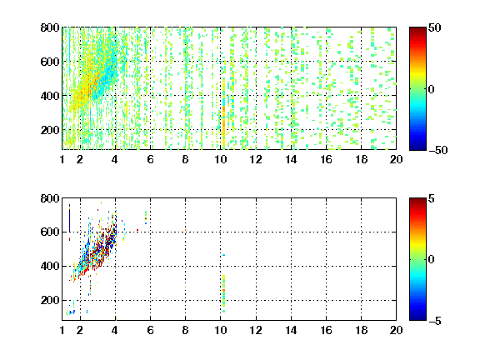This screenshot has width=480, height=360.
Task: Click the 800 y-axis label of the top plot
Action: pos(50,27)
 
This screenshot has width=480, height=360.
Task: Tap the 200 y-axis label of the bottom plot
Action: pos(50,300)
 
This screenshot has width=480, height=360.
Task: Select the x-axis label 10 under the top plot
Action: pos(220,159)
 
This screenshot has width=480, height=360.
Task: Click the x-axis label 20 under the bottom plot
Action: pos(396,330)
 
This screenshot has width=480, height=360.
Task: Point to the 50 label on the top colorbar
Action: pos(434,27)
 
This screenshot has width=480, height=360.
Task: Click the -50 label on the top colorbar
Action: pos(438,150)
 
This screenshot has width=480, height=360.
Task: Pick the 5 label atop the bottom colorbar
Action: pos(432,198)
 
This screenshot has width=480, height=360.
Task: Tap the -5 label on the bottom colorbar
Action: pos(435,321)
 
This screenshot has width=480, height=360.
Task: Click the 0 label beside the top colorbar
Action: pos(432,89)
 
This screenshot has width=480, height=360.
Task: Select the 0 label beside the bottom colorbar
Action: pos(432,260)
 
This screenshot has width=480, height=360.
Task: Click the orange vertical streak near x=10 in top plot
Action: pos(224,110)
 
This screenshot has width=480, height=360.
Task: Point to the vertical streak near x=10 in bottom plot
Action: pos(224,293)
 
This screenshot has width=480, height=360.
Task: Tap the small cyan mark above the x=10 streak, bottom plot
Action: pos(224,255)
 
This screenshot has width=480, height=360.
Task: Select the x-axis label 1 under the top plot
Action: pos(62,159)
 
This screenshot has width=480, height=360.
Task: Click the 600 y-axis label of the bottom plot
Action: pos(50,232)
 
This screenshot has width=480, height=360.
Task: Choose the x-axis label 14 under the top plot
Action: pos(291,159)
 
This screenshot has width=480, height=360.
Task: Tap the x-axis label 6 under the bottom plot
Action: pos(150,330)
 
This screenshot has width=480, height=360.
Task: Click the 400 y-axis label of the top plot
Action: pos(50,96)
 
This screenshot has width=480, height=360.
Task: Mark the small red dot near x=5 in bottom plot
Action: pos(137,230)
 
